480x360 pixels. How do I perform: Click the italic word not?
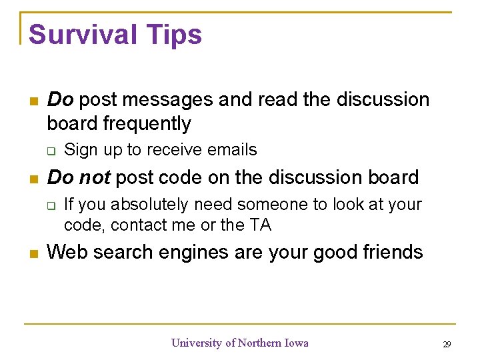(94, 177)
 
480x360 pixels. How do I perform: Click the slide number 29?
(446, 345)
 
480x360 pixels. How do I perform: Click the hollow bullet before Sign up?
(51, 151)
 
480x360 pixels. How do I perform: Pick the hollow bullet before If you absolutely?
(51, 205)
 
